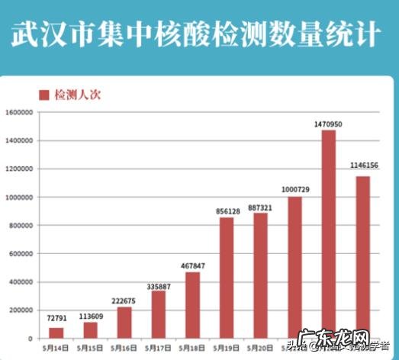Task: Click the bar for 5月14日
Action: tap(56, 333)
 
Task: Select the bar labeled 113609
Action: tap(91, 329)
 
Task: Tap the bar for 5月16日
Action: tap(124, 322)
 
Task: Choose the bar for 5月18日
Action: tap(192, 305)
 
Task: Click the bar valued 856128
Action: tap(227, 278)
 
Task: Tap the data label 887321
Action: tap(260, 207)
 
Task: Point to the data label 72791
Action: tap(56, 320)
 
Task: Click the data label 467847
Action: tap(192, 265)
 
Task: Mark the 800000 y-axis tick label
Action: tap(21, 226)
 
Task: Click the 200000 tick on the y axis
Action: tap(21, 310)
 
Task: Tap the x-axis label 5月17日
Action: tap(158, 348)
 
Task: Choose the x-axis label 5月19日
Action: tap(227, 348)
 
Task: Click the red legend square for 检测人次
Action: tap(44, 95)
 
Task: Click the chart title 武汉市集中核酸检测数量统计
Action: tap(196, 36)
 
